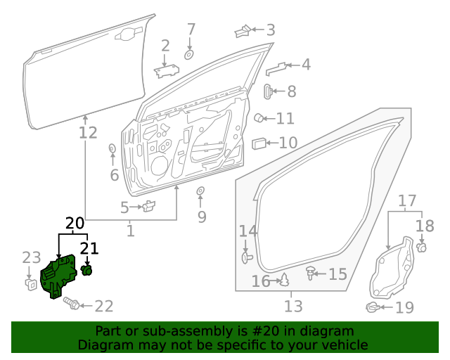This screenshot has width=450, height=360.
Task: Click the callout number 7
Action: pyautogui.click(x=191, y=30)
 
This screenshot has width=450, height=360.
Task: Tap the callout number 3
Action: pyautogui.click(x=270, y=30)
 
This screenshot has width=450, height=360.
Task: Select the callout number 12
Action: pyautogui.click(x=89, y=132)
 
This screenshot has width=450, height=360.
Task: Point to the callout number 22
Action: pyautogui.click(x=103, y=306)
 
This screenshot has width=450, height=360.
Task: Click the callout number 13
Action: pyautogui.click(x=293, y=307)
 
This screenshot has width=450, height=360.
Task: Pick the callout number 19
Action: pyautogui.click(x=404, y=307)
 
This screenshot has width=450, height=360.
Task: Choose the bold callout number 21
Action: pyautogui.click(x=89, y=247)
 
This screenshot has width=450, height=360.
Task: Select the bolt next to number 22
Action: pyautogui.click(x=72, y=304)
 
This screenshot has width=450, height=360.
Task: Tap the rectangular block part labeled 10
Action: pyautogui.click(x=259, y=143)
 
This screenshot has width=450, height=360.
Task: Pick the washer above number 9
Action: pyautogui.click(x=200, y=191)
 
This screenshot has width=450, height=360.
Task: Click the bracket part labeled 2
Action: pyautogui.click(x=166, y=70)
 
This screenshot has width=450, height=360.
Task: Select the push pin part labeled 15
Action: pyautogui.click(x=310, y=272)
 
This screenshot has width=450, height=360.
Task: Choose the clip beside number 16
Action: pyautogui.click(x=285, y=281)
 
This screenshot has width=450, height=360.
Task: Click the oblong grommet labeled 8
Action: pyautogui.click(x=269, y=91)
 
